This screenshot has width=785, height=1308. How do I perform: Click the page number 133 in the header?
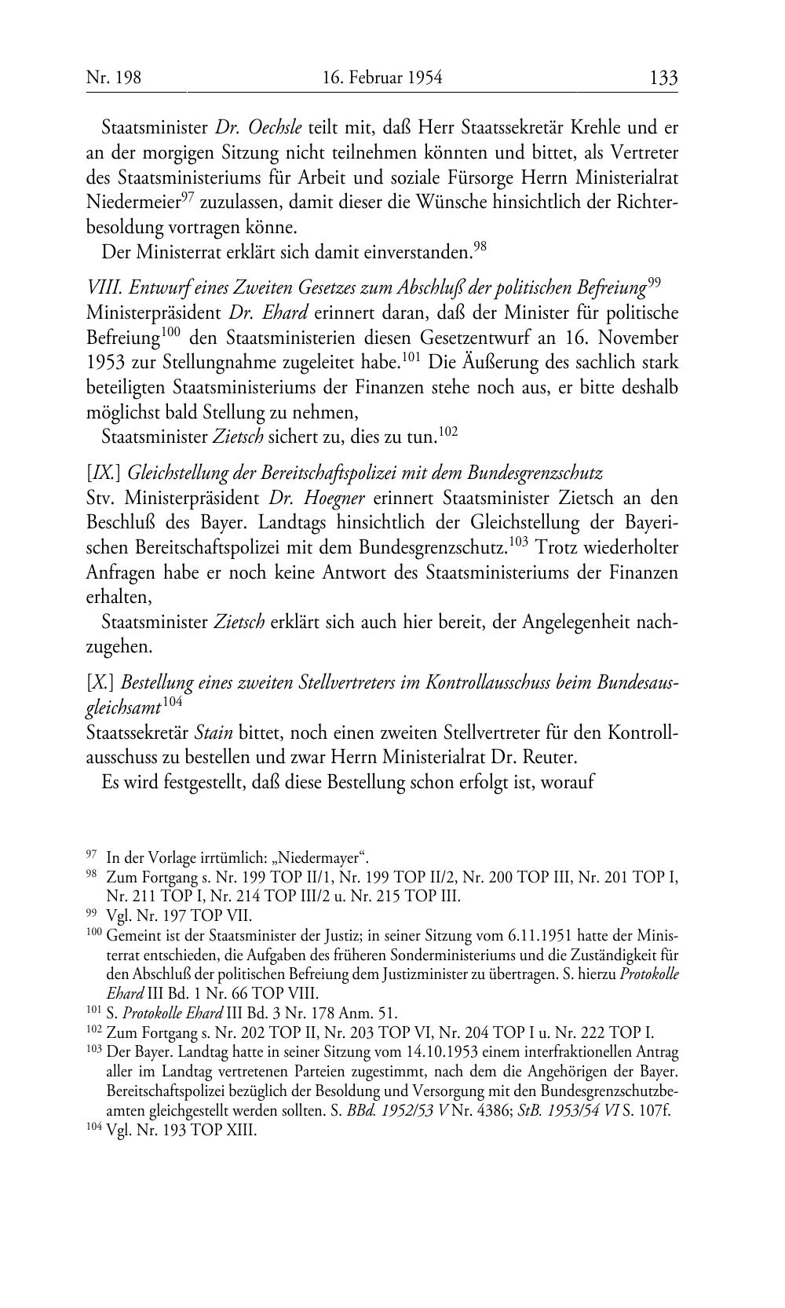tap(663, 79)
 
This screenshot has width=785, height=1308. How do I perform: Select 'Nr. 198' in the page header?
tap(113, 79)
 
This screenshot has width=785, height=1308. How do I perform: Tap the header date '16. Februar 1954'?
tap(382, 79)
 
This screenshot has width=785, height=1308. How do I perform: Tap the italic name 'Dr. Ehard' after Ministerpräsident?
tap(268, 313)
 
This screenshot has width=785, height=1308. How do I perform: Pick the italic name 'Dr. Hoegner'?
tap(316, 499)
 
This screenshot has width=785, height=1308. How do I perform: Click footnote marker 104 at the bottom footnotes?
tap(93, 1131)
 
